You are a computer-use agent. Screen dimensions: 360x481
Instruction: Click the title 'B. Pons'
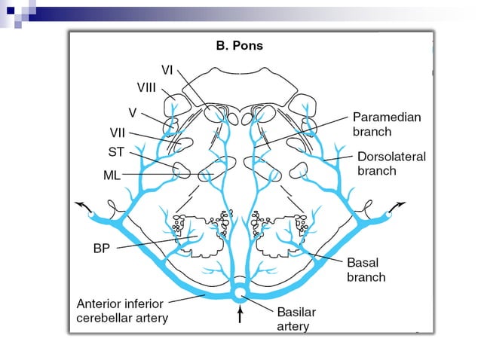point(239,45)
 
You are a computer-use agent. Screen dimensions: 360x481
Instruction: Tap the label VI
point(168,69)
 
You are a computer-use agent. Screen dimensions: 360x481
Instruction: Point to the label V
point(132,113)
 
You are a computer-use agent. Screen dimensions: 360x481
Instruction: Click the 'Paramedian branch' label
point(387,124)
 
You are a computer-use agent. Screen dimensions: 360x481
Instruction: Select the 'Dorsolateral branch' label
point(391,163)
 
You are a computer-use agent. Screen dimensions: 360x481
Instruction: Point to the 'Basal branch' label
point(366,270)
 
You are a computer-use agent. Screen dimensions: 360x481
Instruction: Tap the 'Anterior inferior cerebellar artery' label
point(125,310)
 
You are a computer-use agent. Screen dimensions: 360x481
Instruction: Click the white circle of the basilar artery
point(240,292)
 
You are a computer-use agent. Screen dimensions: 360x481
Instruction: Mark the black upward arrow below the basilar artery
point(240,313)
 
